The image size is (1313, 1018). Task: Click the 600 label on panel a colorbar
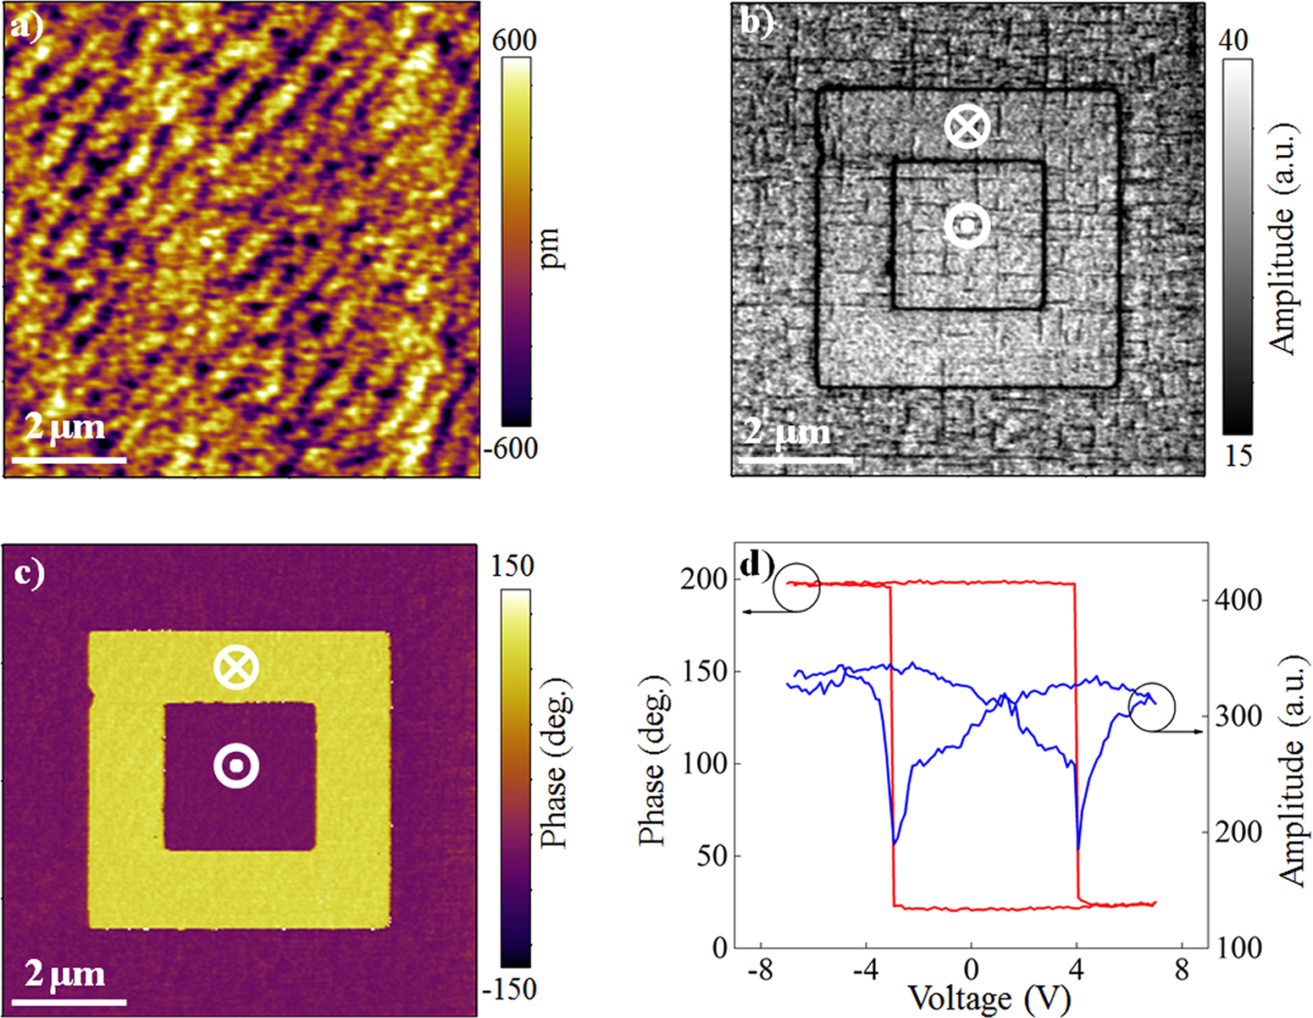514,41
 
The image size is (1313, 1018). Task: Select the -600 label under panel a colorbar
510,448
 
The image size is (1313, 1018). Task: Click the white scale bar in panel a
69,460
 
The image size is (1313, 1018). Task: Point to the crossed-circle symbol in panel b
967,127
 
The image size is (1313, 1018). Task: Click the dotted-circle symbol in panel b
967,225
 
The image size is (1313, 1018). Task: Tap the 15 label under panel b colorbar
1237,456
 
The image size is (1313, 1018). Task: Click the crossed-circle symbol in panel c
235,667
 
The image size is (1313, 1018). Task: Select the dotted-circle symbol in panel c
235,766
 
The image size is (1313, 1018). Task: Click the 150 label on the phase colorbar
514,566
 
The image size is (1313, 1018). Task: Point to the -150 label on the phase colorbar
510,989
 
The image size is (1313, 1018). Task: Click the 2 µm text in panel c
64,973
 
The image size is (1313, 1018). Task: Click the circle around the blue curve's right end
1152,707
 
